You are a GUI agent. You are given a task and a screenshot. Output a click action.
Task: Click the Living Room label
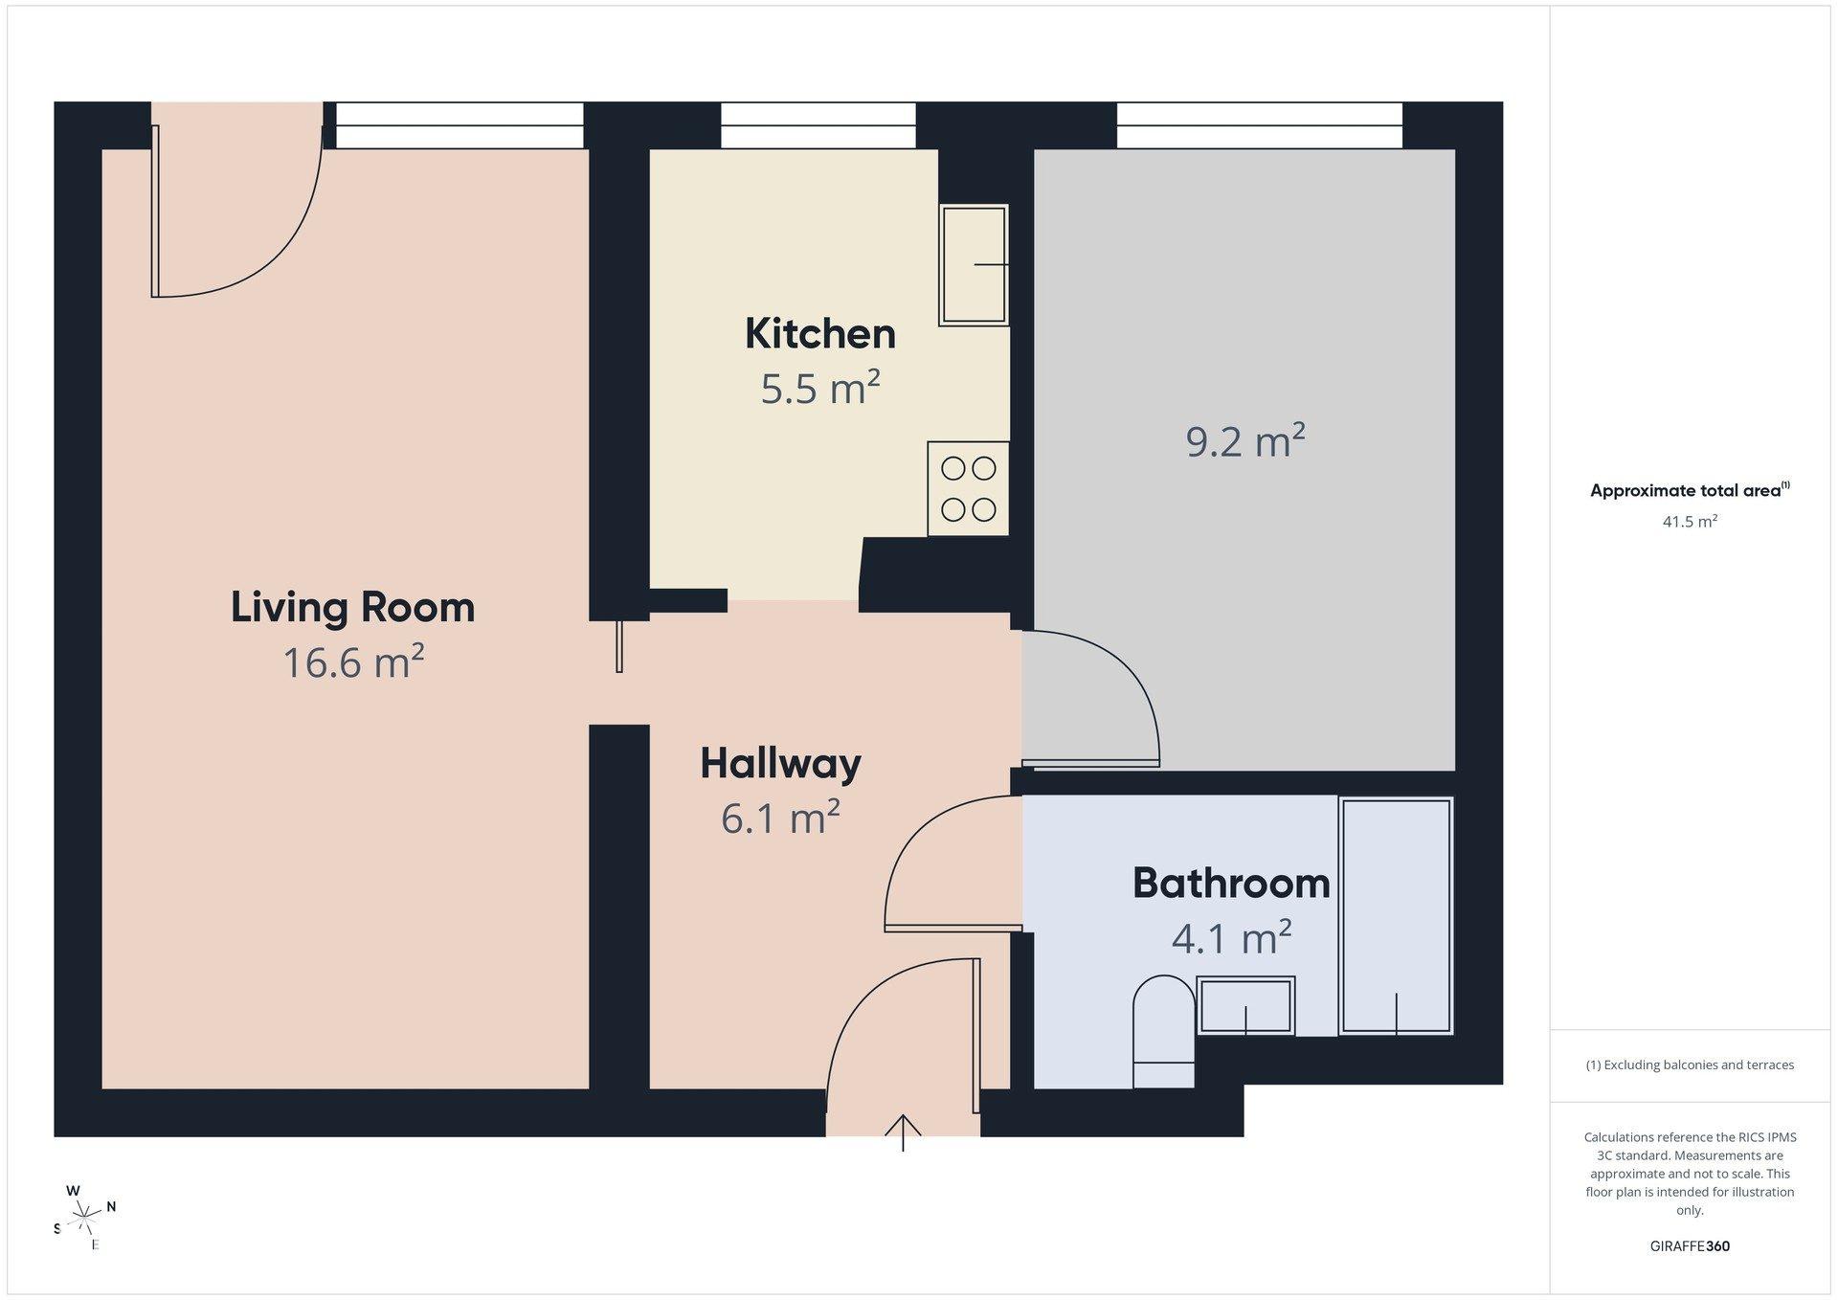352,607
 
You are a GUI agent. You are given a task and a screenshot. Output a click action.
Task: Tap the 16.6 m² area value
353,661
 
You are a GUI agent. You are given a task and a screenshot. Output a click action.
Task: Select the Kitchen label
820,333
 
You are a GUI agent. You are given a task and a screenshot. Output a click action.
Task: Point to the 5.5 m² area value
820,388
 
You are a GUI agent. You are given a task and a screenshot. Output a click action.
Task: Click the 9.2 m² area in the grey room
1245,441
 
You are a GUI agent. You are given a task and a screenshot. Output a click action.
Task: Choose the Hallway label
780,764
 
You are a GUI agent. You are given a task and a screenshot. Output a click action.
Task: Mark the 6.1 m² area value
780,818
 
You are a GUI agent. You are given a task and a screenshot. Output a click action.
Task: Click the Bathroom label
1231,883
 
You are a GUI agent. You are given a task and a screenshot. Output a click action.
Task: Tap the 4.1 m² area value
1231,937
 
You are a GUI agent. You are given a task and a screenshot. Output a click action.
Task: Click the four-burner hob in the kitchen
968,488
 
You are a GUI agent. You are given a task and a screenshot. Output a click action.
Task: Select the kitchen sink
974,265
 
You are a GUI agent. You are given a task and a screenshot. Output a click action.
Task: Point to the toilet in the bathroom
1164,1032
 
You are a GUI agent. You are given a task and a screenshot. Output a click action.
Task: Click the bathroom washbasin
1245,1005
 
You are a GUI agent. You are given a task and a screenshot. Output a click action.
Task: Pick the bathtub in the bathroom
1397,916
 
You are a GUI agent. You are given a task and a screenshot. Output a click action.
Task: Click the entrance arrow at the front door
903,1132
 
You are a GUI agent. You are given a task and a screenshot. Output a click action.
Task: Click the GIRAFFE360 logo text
1690,1246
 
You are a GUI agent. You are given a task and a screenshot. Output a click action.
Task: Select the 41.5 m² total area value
1690,522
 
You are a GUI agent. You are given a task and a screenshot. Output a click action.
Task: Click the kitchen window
818,125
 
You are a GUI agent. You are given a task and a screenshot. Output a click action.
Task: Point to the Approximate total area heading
1690,490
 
